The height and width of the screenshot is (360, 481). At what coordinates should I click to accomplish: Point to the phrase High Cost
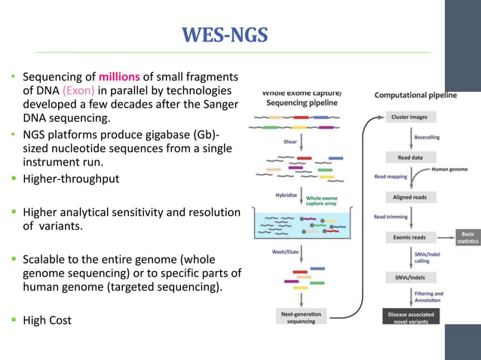tap(47, 320)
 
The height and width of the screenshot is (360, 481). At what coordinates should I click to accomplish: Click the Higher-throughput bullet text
tap(70, 179)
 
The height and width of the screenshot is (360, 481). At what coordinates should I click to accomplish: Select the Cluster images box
tap(410, 117)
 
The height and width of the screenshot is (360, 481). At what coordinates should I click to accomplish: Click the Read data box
tap(410, 157)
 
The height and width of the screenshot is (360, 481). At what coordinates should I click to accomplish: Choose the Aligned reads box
tap(410, 197)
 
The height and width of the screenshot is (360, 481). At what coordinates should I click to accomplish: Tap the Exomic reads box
tap(410, 236)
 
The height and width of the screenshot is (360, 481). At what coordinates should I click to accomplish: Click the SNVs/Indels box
tap(410, 276)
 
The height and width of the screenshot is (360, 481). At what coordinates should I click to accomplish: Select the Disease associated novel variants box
tap(410, 317)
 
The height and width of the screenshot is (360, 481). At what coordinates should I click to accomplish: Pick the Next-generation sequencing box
tap(301, 317)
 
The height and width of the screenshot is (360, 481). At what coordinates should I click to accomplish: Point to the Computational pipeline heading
tap(415, 96)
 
